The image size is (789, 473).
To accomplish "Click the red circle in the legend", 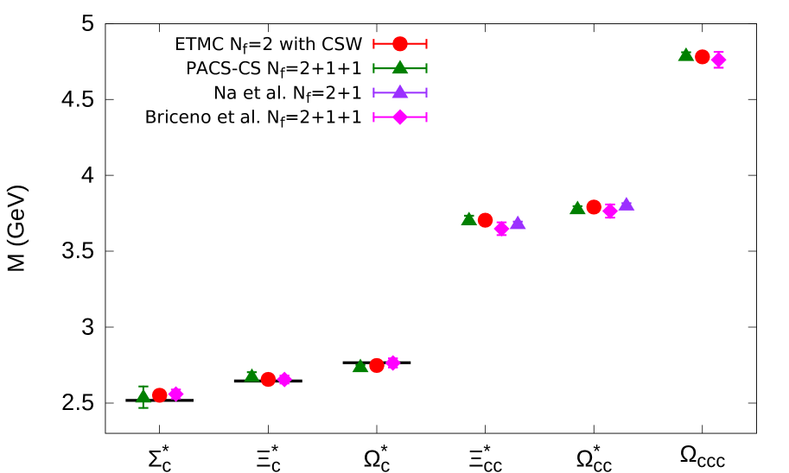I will click(400, 44).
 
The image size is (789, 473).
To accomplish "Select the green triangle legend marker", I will click(400, 67).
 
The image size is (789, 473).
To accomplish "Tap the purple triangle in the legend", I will click(400, 91).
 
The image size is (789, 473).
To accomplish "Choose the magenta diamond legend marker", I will click(400, 117).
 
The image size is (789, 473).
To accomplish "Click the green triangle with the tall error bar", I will click(143, 396).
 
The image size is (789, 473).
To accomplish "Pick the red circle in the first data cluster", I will click(160, 395).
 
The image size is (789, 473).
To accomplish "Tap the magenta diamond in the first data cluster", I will click(176, 394).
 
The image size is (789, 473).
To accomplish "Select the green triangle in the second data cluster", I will click(251, 375).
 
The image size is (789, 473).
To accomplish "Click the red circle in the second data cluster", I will click(268, 379).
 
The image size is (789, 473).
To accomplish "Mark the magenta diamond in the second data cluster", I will click(284, 379).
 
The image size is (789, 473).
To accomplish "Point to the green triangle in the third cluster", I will click(360, 366).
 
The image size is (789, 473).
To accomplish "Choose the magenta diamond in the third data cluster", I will click(393, 363).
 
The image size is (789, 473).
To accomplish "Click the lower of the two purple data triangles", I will click(518, 223).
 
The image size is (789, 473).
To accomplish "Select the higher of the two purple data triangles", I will click(627, 205).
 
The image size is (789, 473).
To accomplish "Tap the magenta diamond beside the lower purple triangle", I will click(501, 228).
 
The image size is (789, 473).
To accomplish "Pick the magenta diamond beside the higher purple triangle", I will click(610, 211).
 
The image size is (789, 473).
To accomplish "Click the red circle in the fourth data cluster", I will click(485, 220).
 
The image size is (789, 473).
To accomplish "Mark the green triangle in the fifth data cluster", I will click(577, 208).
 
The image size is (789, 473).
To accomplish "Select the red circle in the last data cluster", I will click(703, 57).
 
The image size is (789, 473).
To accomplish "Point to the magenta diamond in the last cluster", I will click(718, 60).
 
